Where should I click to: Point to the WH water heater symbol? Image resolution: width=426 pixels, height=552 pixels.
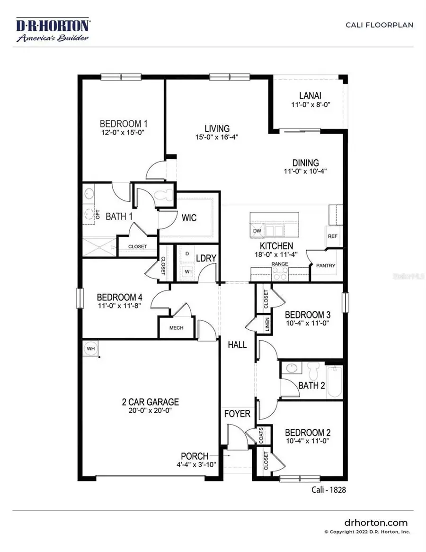click(x=90, y=348)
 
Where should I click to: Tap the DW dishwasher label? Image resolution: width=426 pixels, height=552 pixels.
click(x=257, y=231)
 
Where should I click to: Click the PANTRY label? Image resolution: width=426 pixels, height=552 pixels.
click(x=325, y=266)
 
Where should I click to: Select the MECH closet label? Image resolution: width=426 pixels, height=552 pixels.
click(x=176, y=328)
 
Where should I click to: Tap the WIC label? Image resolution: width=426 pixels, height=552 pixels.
click(x=189, y=218)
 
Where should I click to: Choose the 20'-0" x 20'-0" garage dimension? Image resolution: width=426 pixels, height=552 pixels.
click(x=150, y=411)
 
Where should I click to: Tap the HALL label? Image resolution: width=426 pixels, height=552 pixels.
click(x=237, y=345)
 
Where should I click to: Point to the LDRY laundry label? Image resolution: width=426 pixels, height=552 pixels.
click(x=206, y=258)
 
